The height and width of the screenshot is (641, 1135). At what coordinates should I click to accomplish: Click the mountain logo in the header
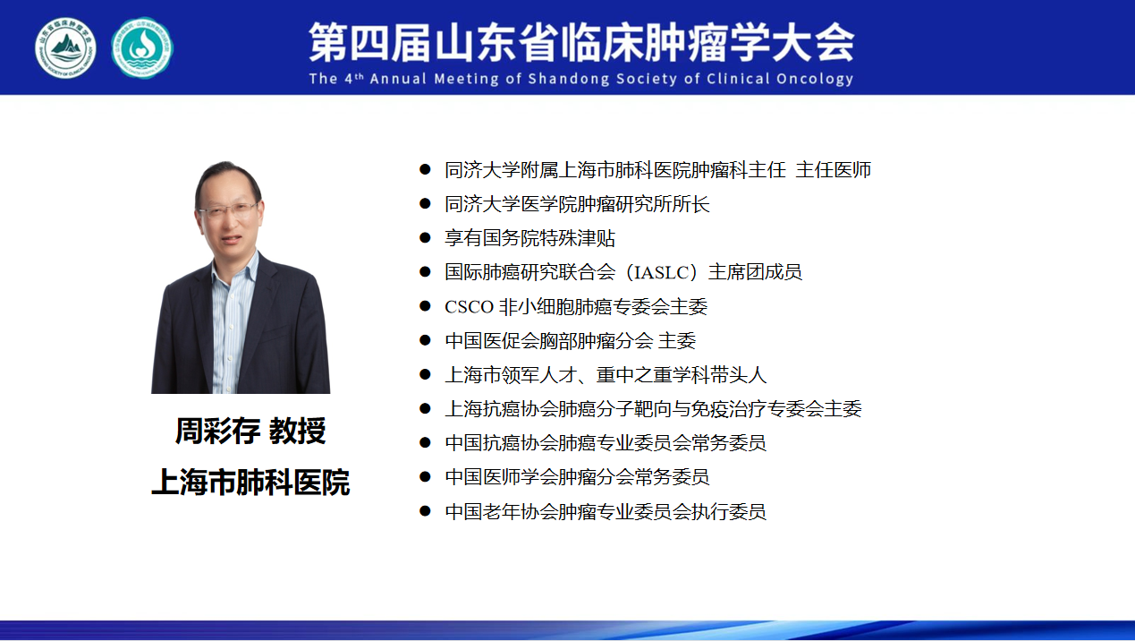tap(65, 48)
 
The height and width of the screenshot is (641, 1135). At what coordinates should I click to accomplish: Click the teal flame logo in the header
tap(142, 48)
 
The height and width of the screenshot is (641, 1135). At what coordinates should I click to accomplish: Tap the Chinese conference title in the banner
tap(581, 43)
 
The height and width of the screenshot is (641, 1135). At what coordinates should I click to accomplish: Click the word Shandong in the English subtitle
tap(569, 79)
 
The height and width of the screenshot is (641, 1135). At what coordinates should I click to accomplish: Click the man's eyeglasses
tap(228, 209)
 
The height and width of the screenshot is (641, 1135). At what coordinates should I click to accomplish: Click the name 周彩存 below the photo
tap(217, 431)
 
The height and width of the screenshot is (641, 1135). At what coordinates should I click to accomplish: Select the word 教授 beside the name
tap(297, 431)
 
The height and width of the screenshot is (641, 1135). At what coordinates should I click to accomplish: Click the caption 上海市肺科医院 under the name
tap(250, 482)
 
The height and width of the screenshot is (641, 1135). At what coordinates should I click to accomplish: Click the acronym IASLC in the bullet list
tap(661, 273)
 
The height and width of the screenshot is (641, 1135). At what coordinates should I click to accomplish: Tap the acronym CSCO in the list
tap(470, 307)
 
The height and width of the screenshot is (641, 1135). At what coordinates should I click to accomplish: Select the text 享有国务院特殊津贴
tap(530, 238)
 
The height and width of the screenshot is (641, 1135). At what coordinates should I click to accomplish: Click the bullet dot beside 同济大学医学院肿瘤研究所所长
tap(425, 203)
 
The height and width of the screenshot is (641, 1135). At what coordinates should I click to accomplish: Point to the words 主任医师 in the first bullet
tap(833, 170)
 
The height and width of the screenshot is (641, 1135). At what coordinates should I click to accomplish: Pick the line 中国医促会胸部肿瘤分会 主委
tap(571, 341)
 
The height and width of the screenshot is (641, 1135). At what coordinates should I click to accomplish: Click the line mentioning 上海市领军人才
tap(606, 375)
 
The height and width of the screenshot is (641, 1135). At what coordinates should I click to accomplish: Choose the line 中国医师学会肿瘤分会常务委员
tap(577, 477)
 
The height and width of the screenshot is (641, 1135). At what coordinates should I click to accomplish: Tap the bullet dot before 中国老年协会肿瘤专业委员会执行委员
tap(425, 510)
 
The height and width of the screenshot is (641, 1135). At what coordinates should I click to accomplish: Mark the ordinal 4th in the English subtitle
tap(354, 79)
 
